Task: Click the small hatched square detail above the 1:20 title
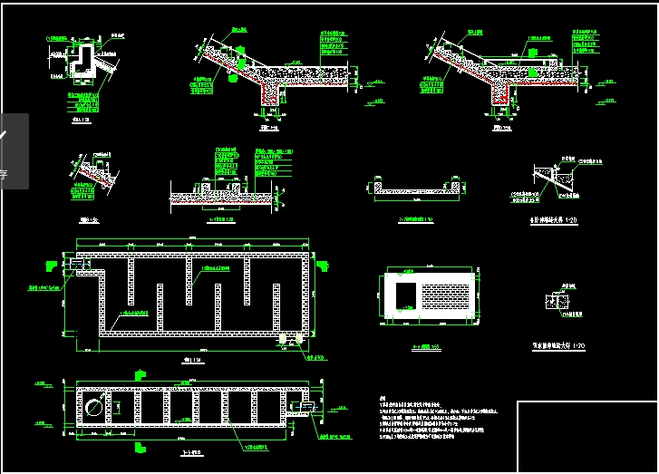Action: coord(556,302)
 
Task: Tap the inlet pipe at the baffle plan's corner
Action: coord(77,266)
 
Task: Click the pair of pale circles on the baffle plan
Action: coord(291,338)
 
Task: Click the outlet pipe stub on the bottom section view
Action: coord(307,407)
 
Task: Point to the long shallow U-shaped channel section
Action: coord(417,189)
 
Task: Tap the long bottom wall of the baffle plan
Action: coord(195,334)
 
